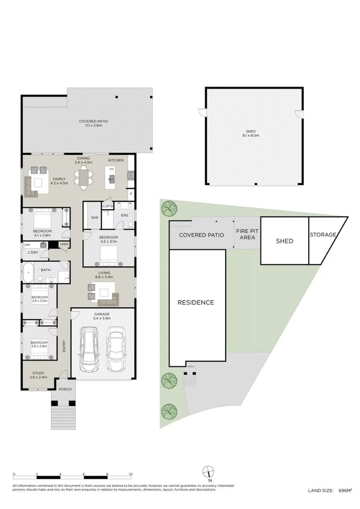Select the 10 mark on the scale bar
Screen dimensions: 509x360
click(x=131, y=475)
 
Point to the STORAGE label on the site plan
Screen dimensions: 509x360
click(x=323, y=234)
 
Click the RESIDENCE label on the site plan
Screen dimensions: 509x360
click(x=196, y=303)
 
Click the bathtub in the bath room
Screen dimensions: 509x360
click(x=28, y=272)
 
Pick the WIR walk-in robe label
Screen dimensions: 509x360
click(x=94, y=218)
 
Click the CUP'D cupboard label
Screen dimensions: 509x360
click(x=107, y=206)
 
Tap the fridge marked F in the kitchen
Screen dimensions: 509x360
click(x=131, y=194)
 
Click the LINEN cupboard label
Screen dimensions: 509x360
click(x=64, y=244)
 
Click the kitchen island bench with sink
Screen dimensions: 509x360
click(x=112, y=176)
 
